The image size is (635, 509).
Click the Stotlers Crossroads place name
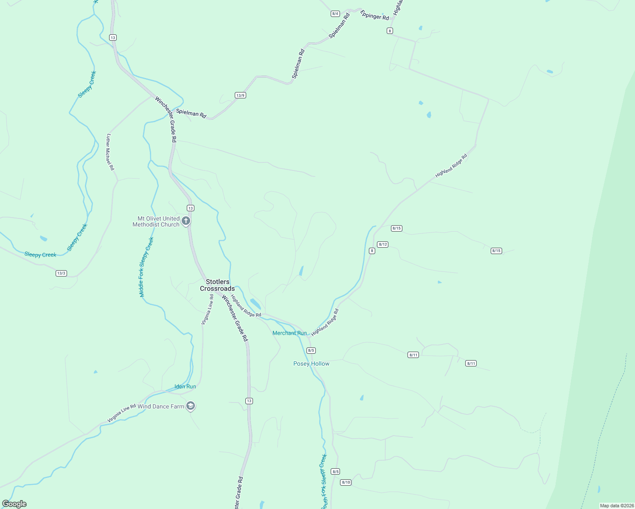[x=217, y=285]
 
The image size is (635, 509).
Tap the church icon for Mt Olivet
[x=185, y=221]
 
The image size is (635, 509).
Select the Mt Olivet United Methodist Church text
[x=156, y=221]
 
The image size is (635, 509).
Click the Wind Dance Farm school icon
[x=191, y=406]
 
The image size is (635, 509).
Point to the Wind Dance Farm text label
[x=161, y=406]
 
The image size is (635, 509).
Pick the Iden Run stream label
[x=185, y=386]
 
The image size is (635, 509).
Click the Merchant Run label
[x=289, y=333]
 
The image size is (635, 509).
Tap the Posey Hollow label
[x=311, y=364]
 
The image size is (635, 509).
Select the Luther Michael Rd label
[x=110, y=152]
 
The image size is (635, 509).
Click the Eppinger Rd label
[x=374, y=15]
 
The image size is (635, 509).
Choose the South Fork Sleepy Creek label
[x=324, y=481]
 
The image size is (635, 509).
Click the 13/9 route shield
[x=240, y=95]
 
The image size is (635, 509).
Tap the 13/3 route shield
[x=61, y=273]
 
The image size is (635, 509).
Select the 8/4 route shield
[x=335, y=14]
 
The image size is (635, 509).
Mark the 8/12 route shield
[x=382, y=244]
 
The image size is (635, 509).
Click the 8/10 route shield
[x=346, y=482]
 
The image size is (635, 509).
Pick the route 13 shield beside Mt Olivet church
[x=191, y=208]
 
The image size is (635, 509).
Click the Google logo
[x=14, y=504]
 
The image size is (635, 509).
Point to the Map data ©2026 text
[x=616, y=506]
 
